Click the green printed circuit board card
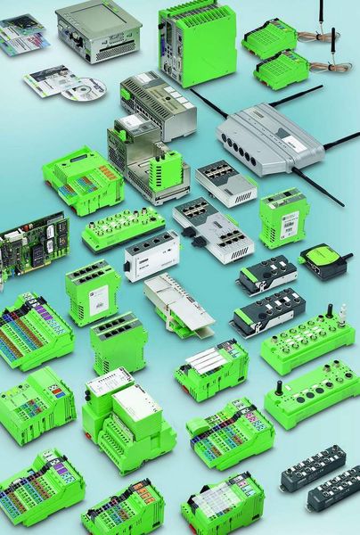[32, 238]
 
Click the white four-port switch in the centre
[151, 256]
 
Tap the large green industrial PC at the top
[196, 40]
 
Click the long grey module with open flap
[177, 302]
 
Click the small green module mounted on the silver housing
[168, 168]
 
